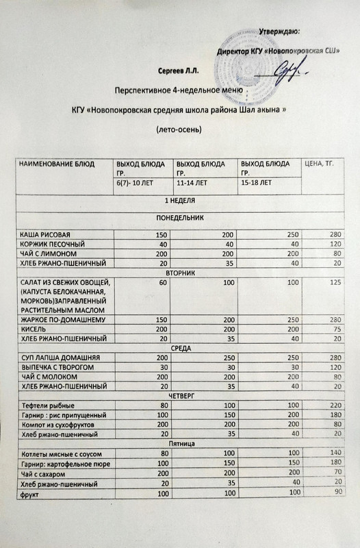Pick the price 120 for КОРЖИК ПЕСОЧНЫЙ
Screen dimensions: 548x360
tap(334, 244)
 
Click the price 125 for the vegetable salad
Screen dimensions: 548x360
tap(334, 282)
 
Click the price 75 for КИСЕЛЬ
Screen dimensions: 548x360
tap(336, 329)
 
